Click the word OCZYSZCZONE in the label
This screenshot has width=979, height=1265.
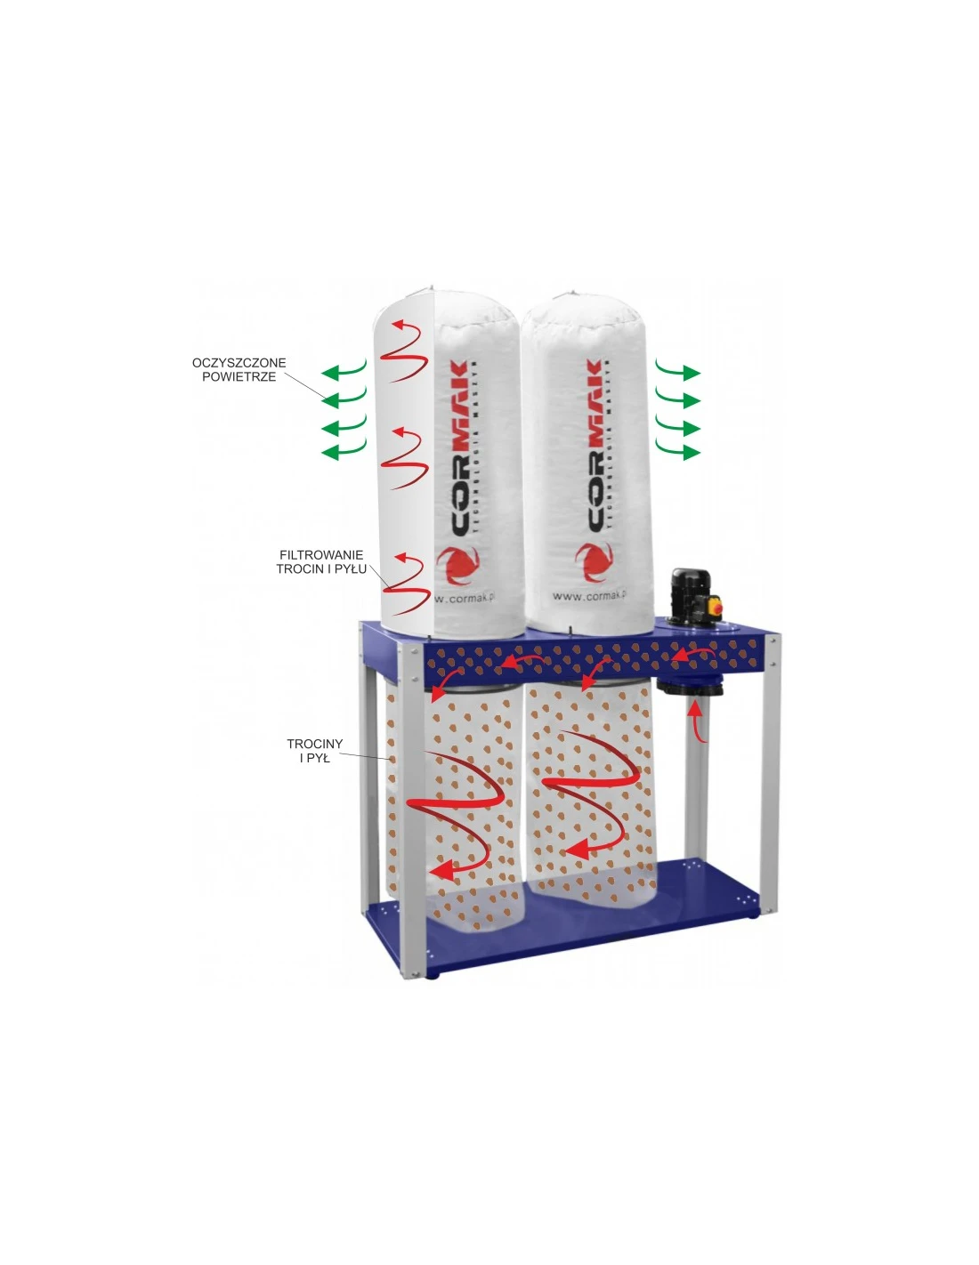pos(239,363)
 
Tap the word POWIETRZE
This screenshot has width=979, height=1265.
pos(239,377)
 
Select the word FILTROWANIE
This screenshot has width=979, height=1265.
pos(321,555)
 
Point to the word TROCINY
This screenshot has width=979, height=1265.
pos(314,744)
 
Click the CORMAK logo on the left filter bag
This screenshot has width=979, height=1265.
pos(460,448)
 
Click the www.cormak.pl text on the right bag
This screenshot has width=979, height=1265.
pos(588,596)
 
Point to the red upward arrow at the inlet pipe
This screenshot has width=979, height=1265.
pos(696,721)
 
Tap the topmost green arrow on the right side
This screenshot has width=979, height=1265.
pos(678,371)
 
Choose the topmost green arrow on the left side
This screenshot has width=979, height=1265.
pos(344,370)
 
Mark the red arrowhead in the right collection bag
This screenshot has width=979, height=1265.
pos(578,850)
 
